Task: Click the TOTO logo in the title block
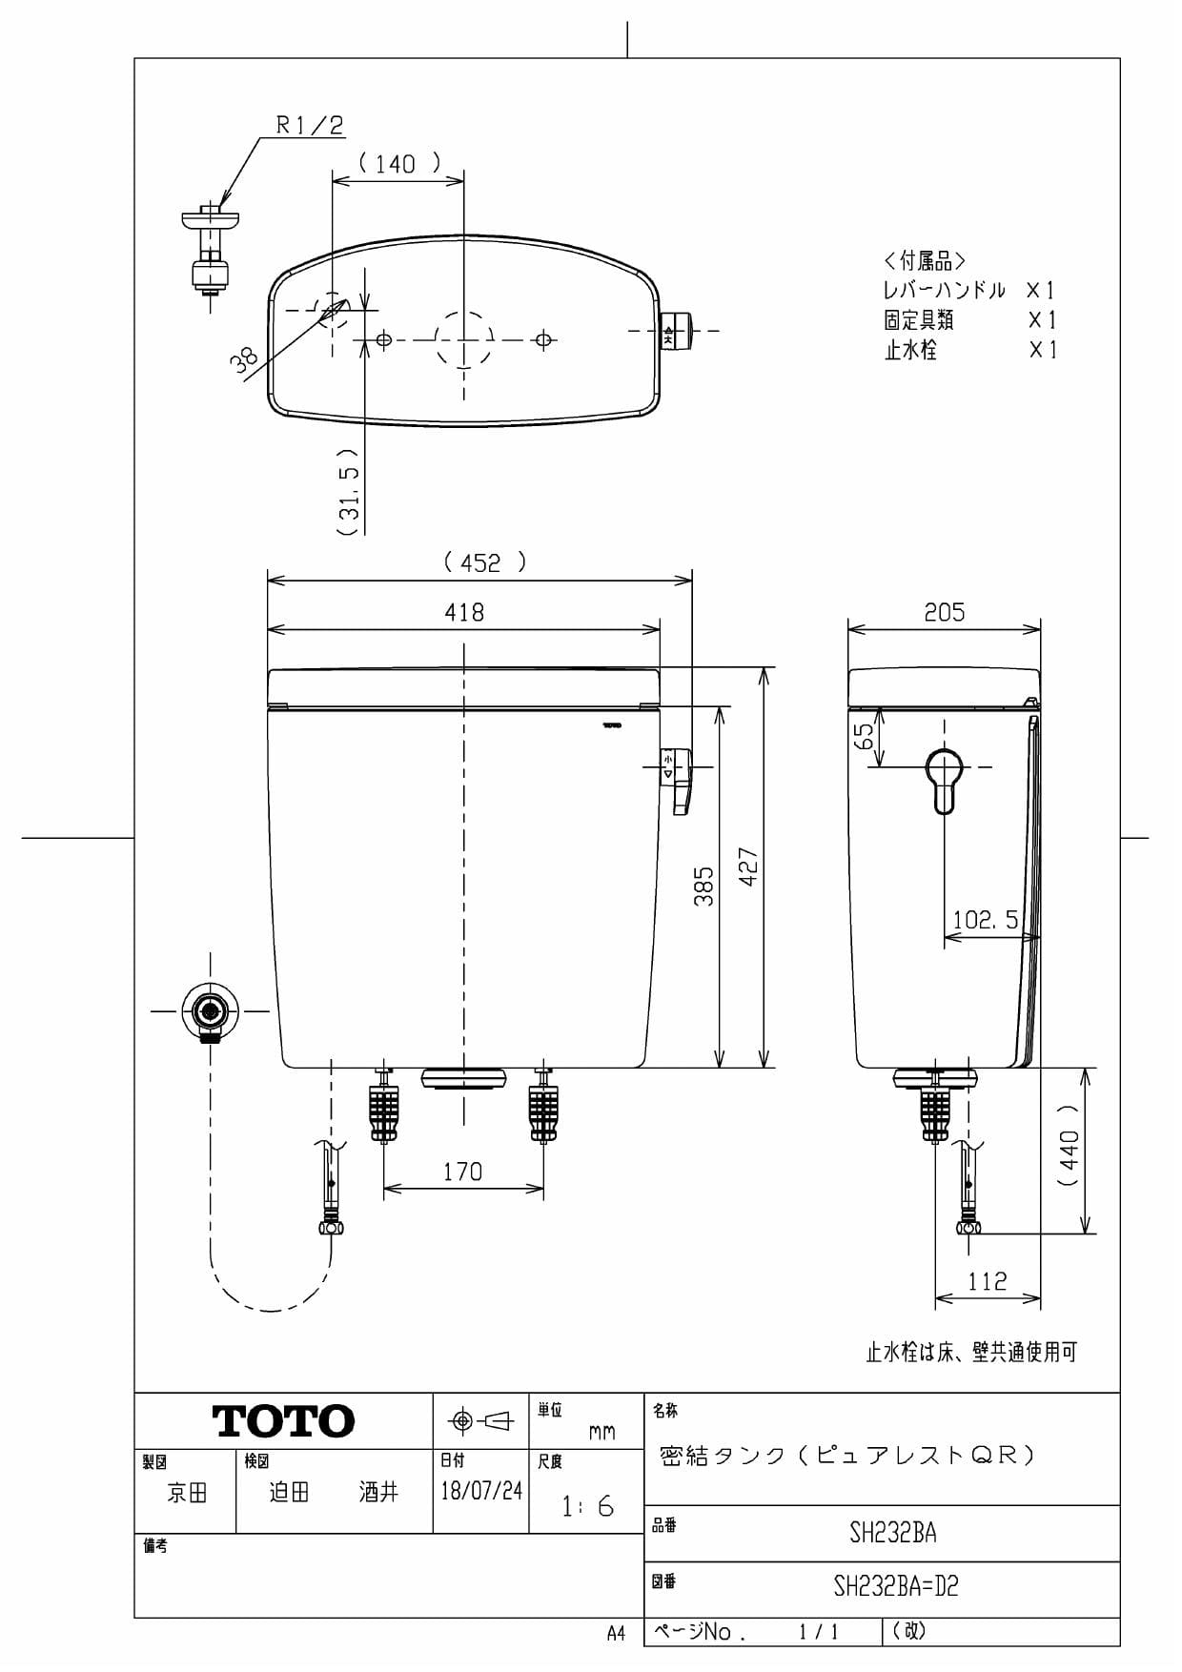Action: pyautogui.click(x=283, y=1421)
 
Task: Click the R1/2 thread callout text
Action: pyautogui.click(x=309, y=125)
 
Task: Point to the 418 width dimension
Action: pyautogui.click(x=464, y=612)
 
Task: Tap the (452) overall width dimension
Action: pyautogui.click(x=484, y=562)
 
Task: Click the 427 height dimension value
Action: pyautogui.click(x=749, y=867)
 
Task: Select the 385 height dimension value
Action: pyautogui.click(x=703, y=886)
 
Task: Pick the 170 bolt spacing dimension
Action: pyautogui.click(x=462, y=1172)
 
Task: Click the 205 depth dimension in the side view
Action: pyautogui.click(x=944, y=612)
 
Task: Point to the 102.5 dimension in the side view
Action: pyautogui.click(x=986, y=920)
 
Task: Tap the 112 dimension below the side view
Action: pyautogui.click(x=987, y=1281)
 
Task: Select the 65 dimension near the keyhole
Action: pyautogui.click(x=864, y=736)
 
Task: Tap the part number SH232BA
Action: pyautogui.click(x=892, y=1533)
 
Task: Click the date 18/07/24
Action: pyautogui.click(x=481, y=1491)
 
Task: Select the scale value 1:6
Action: pyautogui.click(x=587, y=1507)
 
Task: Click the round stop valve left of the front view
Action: pyautogui.click(x=210, y=1010)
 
